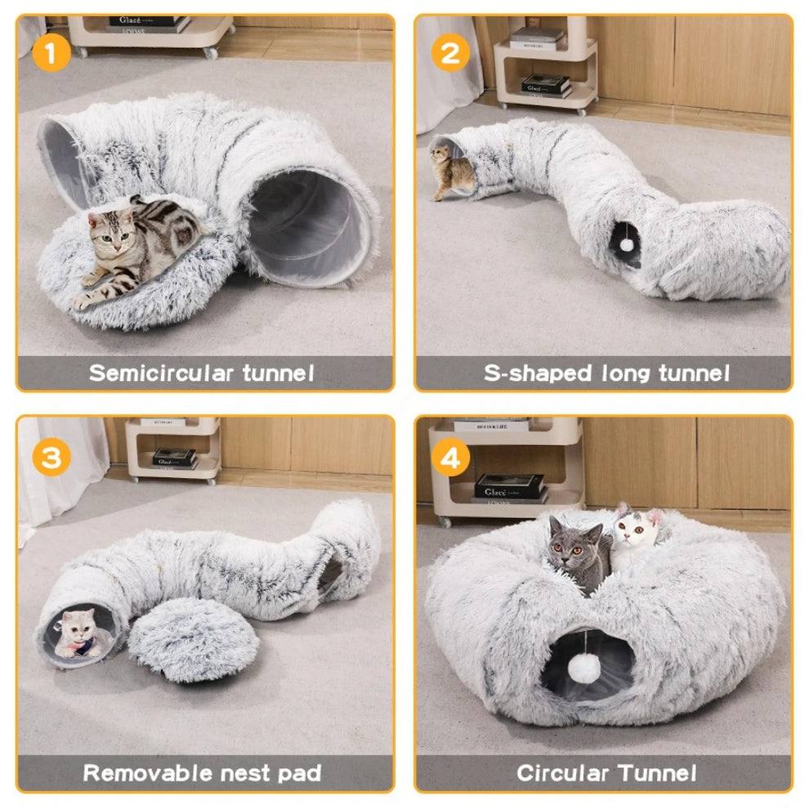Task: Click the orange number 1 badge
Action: (51, 55)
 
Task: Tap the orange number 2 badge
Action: (450, 55)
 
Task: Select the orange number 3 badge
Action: (51, 458)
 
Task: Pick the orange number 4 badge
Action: (450, 458)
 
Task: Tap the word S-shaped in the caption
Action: (537, 373)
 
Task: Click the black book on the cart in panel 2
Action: (545, 84)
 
